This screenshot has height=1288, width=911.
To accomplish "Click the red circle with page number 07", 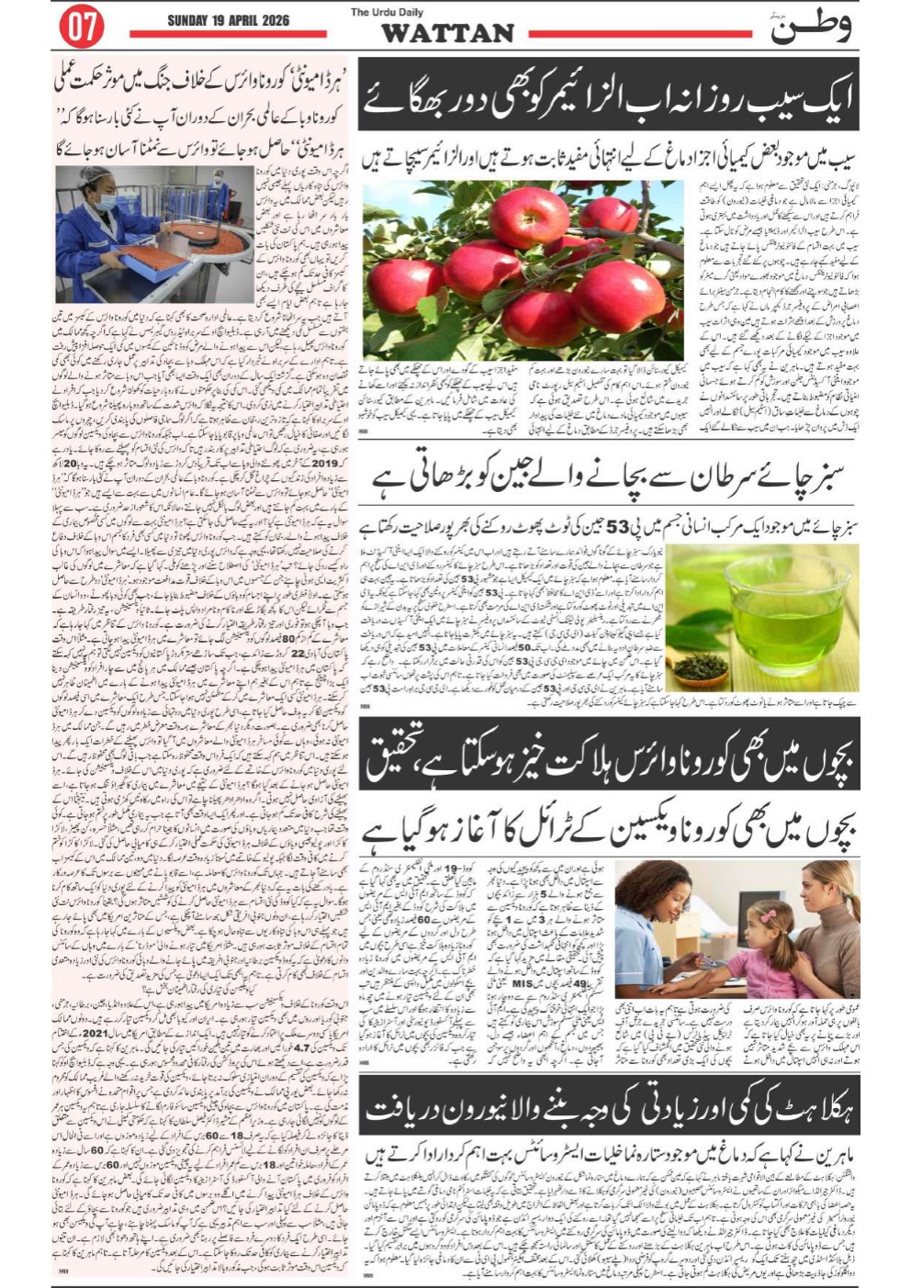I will point(81,27).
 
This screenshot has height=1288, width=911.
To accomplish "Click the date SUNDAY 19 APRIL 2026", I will point(228,19).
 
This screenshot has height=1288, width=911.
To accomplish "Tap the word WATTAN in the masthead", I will point(446,33).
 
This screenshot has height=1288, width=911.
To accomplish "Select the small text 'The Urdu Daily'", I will point(384,12).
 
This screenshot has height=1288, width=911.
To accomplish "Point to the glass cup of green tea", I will point(782,605).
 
